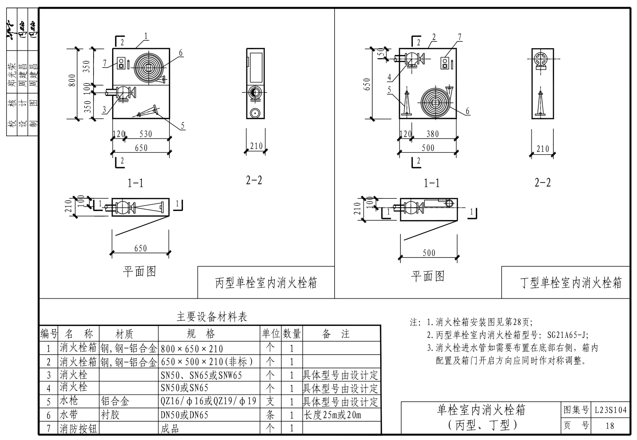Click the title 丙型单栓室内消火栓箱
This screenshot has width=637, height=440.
tap(266, 283)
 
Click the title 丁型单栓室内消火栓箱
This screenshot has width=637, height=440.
tap(571, 283)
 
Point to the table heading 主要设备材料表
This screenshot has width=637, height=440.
tap(212, 317)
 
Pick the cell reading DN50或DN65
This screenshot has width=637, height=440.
tap(184, 415)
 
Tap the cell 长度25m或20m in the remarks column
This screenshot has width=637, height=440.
tap(332, 415)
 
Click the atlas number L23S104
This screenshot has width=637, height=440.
tap(611, 410)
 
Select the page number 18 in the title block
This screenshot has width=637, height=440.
tap(610, 425)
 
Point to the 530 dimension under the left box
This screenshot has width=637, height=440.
tap(146, 134)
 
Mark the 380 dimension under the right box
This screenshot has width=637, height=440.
tap(432, 134)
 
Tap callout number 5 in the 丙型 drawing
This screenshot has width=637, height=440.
tap(183, 126)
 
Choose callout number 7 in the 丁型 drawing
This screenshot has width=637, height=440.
tap(459, 37)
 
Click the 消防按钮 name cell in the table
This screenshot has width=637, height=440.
tap(79, 429)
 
